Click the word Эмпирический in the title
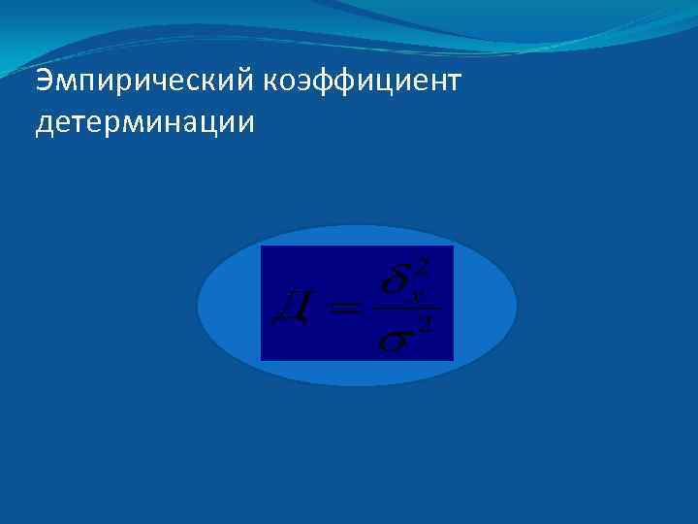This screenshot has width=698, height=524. point(143,82)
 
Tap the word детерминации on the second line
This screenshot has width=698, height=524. point(144,124)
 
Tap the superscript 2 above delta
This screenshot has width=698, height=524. point(422,265)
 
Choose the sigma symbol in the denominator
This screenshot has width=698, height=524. point(396,341)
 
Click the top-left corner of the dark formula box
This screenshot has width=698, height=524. point(262,246)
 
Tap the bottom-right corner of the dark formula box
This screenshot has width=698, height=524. point(453,360)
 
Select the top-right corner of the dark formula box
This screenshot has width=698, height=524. point(453,246)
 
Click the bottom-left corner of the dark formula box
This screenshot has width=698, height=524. point(262,360)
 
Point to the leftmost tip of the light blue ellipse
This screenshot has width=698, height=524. point(198,306)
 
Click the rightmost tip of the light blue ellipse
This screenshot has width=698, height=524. point(517,306)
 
